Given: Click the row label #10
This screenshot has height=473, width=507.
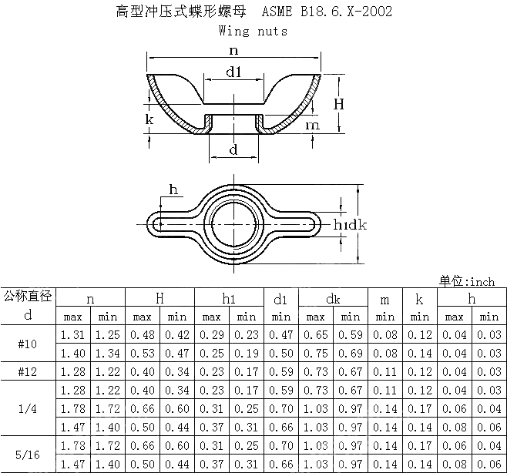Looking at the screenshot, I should (x=29, y=344).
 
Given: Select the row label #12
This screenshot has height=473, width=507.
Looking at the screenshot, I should (x=29, y=372).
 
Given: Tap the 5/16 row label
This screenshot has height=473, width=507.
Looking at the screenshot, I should (x=29, y=455).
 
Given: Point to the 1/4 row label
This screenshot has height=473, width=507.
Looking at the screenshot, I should (x=29, y=409).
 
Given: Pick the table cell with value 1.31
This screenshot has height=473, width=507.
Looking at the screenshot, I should (x=72, y=334).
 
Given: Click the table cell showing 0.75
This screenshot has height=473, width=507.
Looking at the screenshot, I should (x=315, y=353).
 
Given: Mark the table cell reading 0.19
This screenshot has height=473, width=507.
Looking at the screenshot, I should (x=246, y=353).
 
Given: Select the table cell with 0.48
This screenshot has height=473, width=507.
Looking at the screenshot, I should (x=142, y=334).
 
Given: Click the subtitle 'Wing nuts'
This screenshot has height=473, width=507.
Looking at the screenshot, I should (x=253, y=31).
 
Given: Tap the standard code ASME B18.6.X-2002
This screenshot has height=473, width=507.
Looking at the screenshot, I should (x=326, y=12).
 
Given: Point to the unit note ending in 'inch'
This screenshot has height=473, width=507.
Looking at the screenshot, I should (x=466, y=281).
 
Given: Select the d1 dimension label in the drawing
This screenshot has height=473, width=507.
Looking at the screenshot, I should (x=234, y=72).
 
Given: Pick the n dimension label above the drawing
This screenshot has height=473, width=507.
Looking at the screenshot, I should (x=233, y=49).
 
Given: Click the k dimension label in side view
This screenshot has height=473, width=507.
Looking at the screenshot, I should (x=149, y=119).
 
